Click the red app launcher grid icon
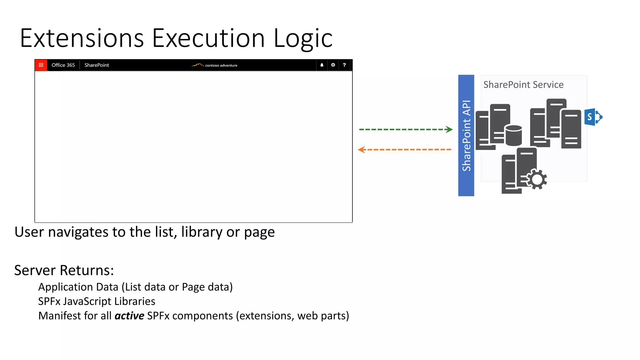(x=41, y=65)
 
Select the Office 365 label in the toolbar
(x=63, y=65)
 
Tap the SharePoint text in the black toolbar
(x=97, y=65)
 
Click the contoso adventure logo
(x=215, y=65)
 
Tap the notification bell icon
(x=322, y=65)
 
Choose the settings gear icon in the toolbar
(x=333, y=65)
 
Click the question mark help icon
(x=344, y=65)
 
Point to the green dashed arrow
(x=406, y=129)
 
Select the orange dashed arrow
(x=405, y=150)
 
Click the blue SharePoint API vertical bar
(x=466, y=135)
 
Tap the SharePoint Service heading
(x=523, y=85)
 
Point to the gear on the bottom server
(x=537, y=179)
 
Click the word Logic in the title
(x=303, y=38)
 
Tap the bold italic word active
(x=129, y=316)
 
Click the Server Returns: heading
(x=64, y=270)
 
